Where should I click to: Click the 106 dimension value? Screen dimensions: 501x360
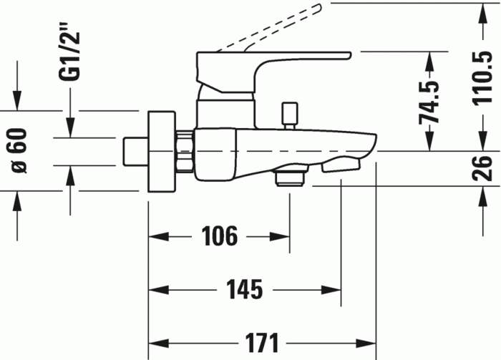(x=220, y=235)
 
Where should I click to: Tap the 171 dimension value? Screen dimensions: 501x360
(x=262, y=343)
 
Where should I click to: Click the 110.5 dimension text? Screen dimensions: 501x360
(x=482, y=78)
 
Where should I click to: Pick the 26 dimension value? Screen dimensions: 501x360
(x=482, y=168)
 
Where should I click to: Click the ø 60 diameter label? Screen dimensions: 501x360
(x=20, y=151)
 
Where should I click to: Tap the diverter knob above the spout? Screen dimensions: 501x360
(x=289, y=116)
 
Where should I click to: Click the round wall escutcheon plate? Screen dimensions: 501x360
(x=162, y=152)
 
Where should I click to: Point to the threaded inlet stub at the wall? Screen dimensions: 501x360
(x=135, y=152)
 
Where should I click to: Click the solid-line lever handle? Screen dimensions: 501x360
(x=273, y=72)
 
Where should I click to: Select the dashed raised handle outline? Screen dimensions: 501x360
(x=268, y=27)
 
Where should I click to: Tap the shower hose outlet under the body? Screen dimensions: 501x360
(x=291, y=175)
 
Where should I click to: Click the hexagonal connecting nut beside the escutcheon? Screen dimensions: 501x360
(x=185, y=151)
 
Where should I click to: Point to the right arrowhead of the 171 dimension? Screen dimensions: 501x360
(x=366, y=344)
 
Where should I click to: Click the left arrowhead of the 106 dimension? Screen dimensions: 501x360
(x=159, y=237)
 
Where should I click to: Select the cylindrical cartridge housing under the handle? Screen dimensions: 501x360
(x=226, y=114)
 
